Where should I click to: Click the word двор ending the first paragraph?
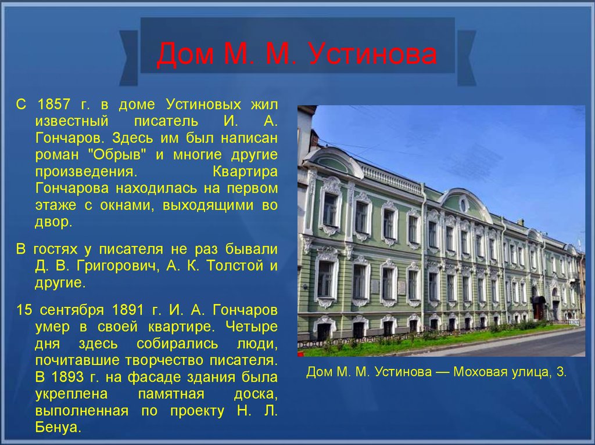click(x=53, y=222)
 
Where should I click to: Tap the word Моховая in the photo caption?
click(x=480, y=371)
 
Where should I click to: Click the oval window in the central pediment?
click(x=463, y=204)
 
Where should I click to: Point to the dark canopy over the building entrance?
click(x=539, y=300)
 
